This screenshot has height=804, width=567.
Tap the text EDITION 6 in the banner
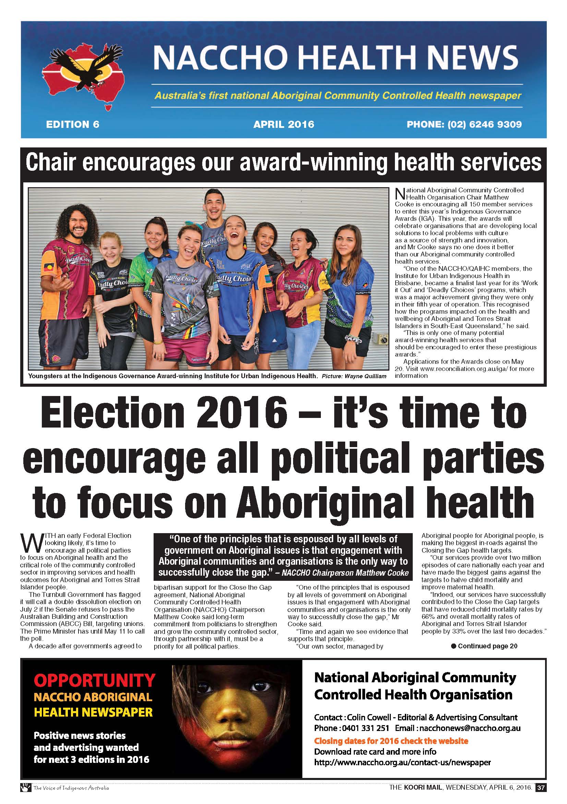click(72, 124)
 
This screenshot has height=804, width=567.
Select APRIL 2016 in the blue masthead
click(284, 124)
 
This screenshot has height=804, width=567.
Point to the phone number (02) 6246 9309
click(484, 124)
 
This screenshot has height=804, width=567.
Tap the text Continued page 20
click(487, 646)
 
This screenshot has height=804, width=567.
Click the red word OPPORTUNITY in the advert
click(95, 680)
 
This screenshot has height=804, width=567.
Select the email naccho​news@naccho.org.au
click(470, 728)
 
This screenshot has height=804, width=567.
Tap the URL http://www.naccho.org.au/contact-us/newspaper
click(402, 762)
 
